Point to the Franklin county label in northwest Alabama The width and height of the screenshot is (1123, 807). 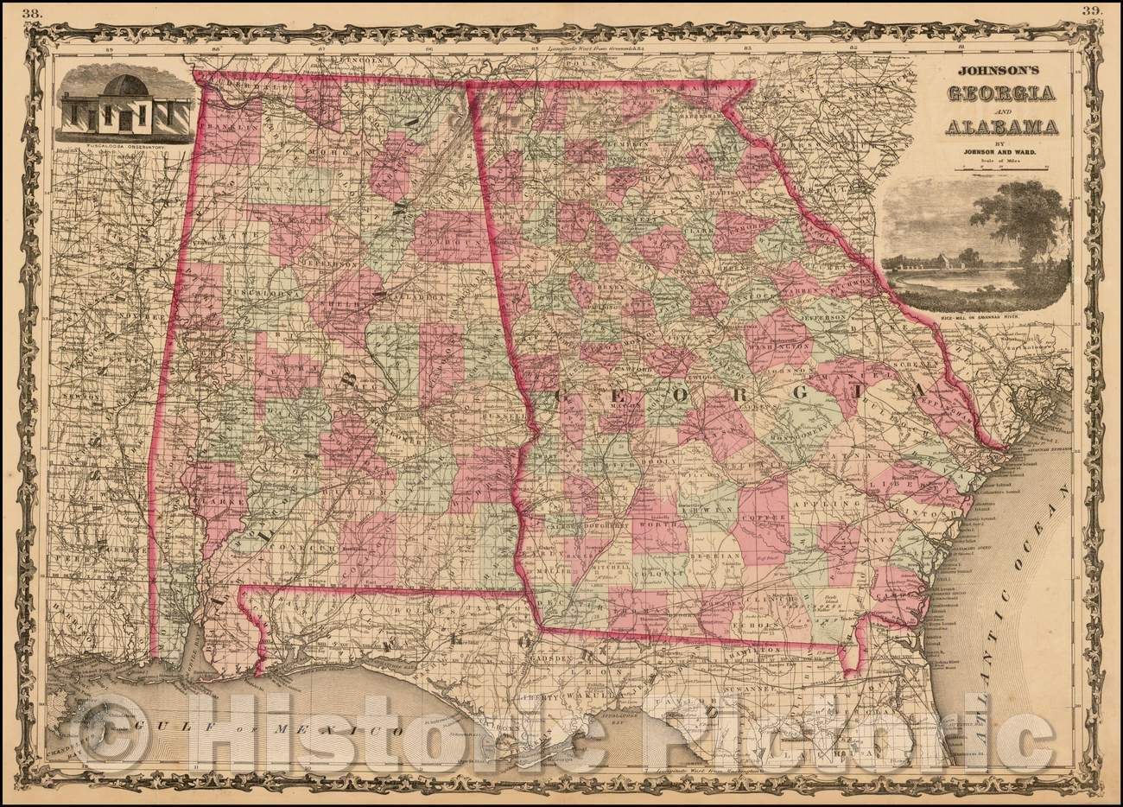[222, 127]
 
